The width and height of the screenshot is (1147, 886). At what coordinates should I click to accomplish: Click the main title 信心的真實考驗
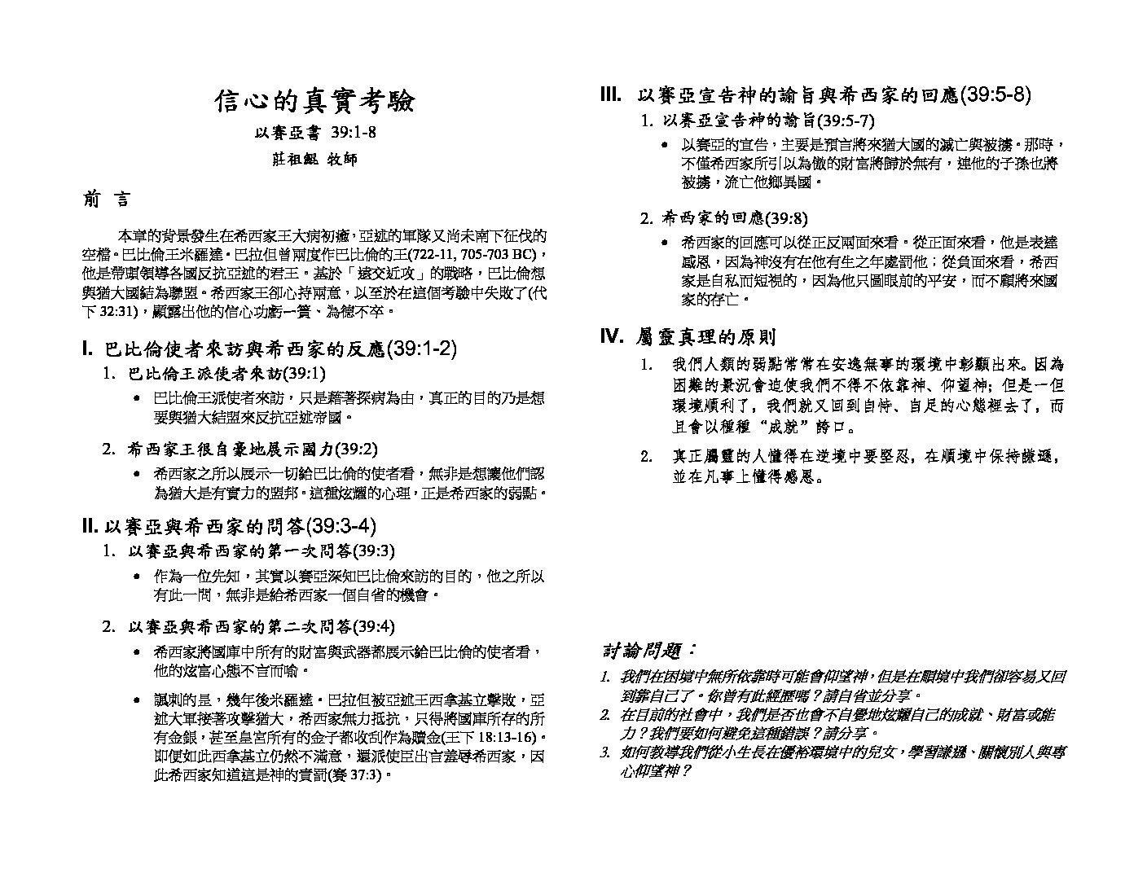tap(314, 101)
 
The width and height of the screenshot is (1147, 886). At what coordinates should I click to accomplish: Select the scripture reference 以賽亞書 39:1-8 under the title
tap(314, 133)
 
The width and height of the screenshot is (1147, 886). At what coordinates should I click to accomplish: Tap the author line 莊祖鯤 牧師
tap(314, 160)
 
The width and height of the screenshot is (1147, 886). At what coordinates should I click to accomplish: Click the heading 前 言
tap(104, 200)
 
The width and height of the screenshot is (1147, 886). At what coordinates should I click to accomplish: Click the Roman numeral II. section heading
tap(229, 526)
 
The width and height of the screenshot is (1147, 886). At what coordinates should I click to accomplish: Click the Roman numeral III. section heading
tap(815, 95)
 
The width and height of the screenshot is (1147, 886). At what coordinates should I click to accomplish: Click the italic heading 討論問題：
tap(649, 651)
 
